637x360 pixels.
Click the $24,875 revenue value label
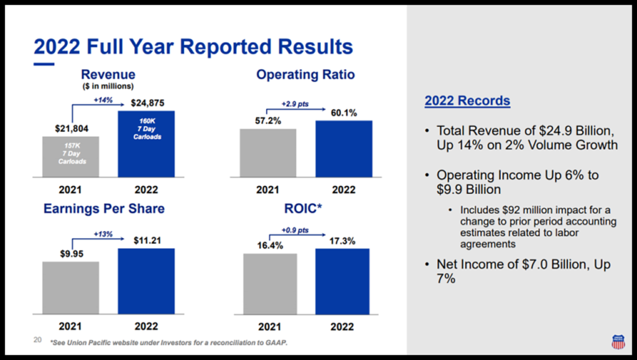(147, 103)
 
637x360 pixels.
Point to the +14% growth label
(103, 99)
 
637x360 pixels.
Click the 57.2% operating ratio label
(267, 120)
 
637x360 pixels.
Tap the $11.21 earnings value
(147, 239)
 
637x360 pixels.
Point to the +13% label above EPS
(103, 233)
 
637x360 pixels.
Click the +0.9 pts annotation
(295, 230)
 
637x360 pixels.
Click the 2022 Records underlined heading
(467, 101)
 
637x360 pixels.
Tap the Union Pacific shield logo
(617, 341)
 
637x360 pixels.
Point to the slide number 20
(37, 340)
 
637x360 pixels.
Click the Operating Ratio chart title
(305, 75)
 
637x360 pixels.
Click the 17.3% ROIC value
(342, 240)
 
